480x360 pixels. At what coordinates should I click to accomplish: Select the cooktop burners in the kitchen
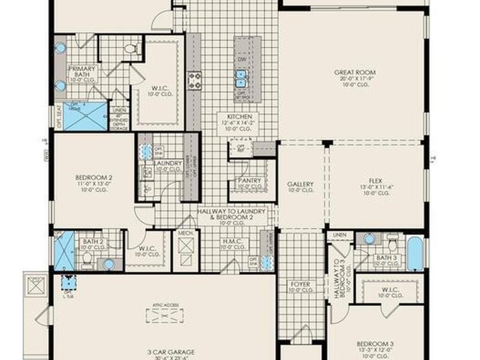point(195,81)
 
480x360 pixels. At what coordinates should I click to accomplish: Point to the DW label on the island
point(242,60)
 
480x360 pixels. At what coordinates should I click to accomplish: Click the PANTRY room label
point(250,180)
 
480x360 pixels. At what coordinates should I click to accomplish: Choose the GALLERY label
point(300,184)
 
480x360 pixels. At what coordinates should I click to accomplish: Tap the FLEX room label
point(375,181)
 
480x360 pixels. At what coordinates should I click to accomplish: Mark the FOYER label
point(300,285)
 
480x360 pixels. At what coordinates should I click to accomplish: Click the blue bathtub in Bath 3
point(415,254)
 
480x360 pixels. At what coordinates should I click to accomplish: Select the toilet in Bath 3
point(393,244)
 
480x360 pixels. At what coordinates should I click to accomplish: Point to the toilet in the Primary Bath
point(130,48)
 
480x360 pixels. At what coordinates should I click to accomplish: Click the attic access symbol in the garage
point(165,316)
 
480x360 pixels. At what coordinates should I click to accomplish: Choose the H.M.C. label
point(233,240)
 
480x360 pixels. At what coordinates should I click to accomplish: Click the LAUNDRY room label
point(168,163)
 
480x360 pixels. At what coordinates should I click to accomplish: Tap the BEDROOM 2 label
point(94,178)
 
